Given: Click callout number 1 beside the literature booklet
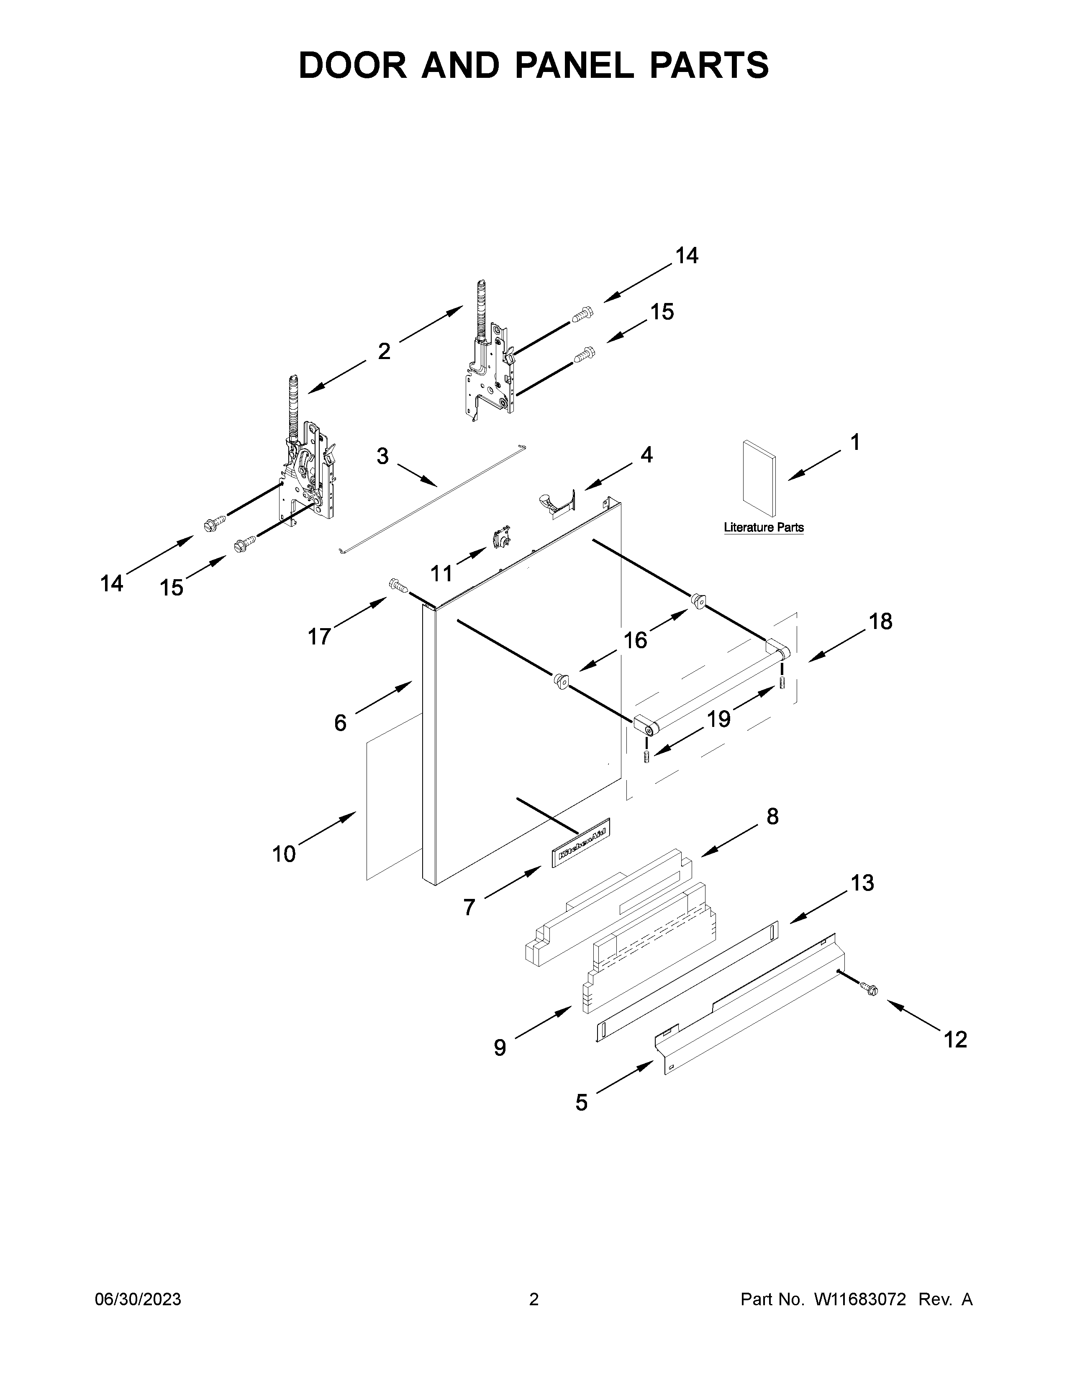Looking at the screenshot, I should point(854,443).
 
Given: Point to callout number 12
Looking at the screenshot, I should point(955,1040).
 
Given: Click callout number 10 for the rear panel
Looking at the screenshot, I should point(284,854).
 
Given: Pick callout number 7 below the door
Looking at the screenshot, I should point(468,907).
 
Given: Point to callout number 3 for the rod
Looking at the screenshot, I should point(382,456).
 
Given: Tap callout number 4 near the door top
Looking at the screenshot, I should point(646,454).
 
